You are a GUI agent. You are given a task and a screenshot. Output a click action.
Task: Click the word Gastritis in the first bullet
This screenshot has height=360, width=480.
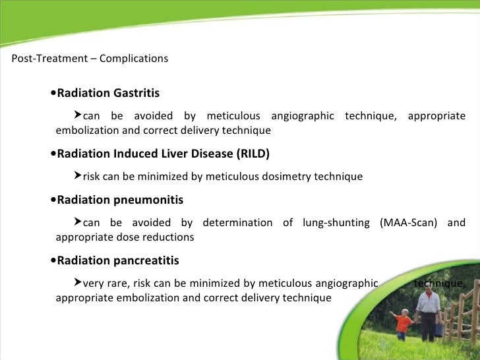pos(136,94)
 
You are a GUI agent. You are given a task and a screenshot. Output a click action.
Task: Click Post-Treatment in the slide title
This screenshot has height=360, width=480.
pos(49,59)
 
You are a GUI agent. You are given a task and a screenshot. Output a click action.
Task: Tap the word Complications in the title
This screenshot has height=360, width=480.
pos(134,59)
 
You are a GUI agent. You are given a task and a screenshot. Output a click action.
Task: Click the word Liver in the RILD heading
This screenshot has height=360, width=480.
pos(180,154)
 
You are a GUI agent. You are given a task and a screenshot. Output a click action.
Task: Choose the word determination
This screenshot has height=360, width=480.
pos(237,223)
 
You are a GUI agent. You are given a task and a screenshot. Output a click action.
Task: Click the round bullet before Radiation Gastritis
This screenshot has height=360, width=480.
pos(53,94)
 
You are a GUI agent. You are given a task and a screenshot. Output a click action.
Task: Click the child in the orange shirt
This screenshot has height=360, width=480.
pos(402,322)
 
